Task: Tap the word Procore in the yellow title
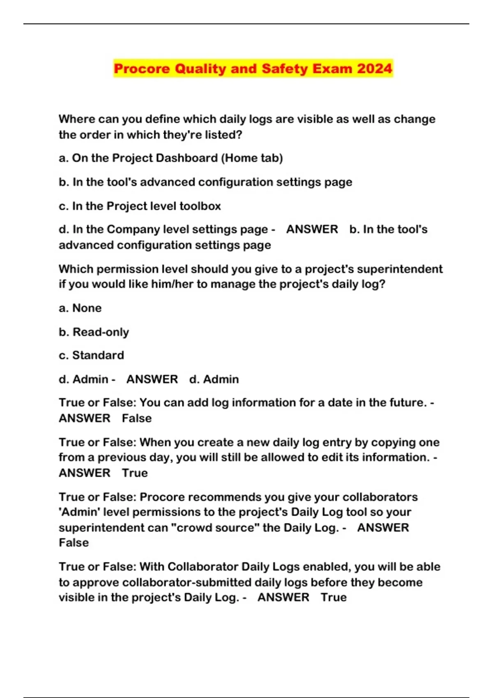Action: (142, 68)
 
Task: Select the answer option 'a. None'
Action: (80, 308)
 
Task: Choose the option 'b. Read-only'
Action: (94, 332)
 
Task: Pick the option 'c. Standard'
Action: (91, 355)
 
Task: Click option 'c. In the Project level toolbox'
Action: (140, 206)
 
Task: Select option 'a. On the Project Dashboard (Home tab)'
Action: (170, 158)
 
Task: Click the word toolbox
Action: (200, 206)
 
